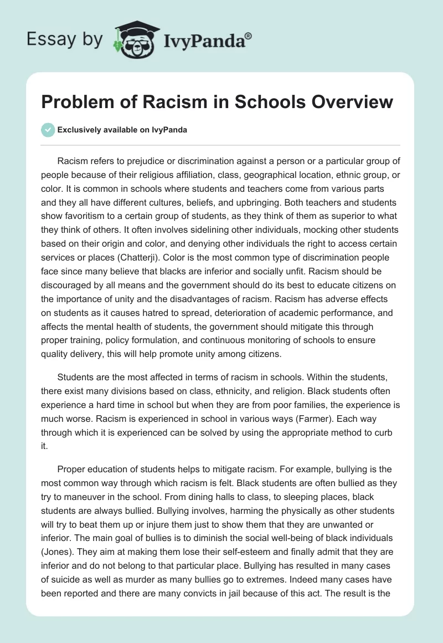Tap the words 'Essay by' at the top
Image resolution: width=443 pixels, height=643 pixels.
(x=65, y=40)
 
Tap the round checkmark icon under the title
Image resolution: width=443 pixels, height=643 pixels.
(x=48, y=130)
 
